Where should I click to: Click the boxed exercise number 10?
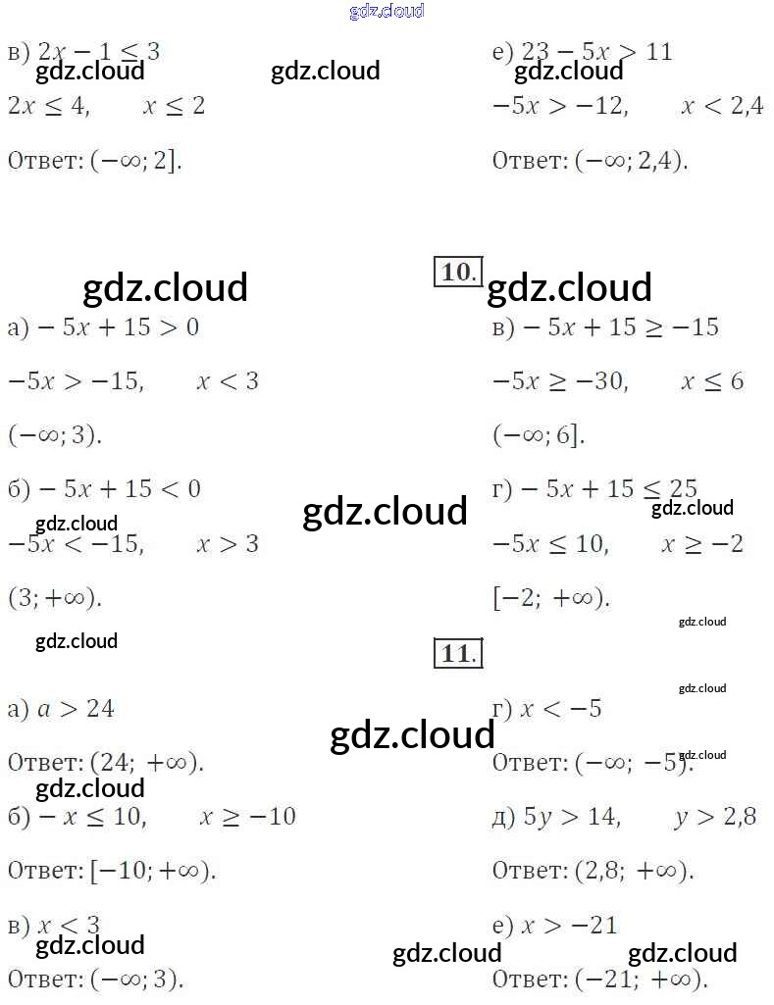click(456, 272)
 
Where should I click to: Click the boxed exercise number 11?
click(456, 653)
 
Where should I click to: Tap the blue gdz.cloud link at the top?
click(387, 11)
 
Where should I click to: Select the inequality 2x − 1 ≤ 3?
click(98, 52)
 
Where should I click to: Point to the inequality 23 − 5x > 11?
click(595, 52)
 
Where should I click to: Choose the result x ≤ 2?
click(174, 106)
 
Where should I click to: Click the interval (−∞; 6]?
click(539, 434)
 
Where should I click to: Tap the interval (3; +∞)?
click(55, 597)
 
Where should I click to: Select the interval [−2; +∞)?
click(550, 597)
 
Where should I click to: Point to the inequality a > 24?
click(76, 708)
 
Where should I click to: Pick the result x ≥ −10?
click(247, 816)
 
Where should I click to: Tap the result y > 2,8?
click(715, 816)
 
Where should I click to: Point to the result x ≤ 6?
click(712, 380)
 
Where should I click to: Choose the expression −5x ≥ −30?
click(558, 380)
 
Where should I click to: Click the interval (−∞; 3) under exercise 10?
click(55, 434)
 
